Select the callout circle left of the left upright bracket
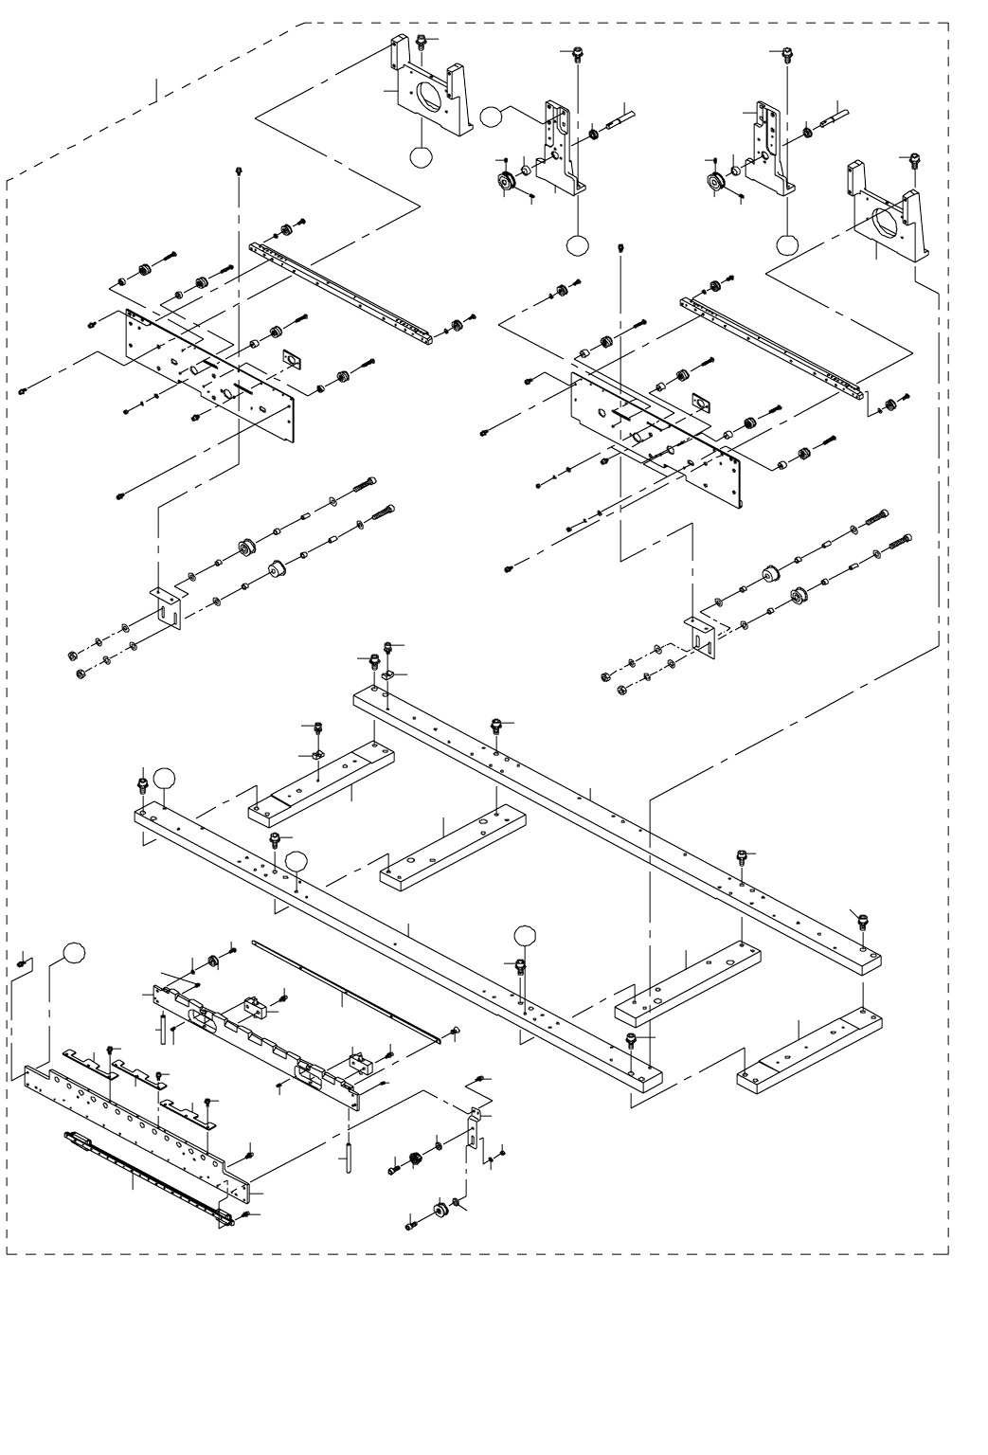491,117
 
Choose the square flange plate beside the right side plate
702,403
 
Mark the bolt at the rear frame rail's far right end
862,920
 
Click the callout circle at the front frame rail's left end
165,778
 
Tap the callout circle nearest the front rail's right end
526,936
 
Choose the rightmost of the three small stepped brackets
185,1109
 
